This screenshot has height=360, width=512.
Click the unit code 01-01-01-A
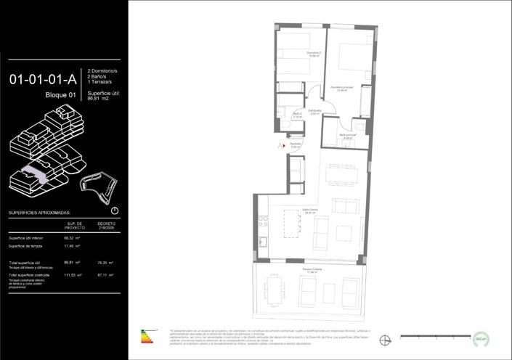pyautogui.click(x=44, y=80)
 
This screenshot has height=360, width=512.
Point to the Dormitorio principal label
pyautogui.click(x=341, y=88)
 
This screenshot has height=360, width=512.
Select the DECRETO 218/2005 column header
pyautogui.click(x=107, y=226)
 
